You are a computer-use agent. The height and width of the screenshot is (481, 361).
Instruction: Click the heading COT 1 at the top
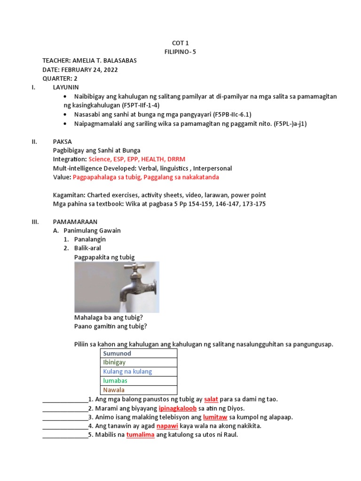pyautogui.click(x=180, y=43)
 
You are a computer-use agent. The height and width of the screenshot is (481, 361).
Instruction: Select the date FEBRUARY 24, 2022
pyautogui.click(x=90, y=70)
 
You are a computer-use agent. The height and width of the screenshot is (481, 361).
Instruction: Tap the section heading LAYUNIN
pyautogui.click(x=66, y=87)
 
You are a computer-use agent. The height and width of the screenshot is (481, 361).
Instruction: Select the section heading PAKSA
pyautogui.click(x=63, y=141)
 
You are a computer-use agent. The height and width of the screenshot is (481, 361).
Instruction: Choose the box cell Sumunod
pyautogui.click(x=117, y=353)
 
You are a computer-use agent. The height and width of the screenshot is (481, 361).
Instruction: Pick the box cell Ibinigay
pyautogui.click(x=114, y=362)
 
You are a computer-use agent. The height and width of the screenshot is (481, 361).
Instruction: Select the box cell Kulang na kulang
pyautogui.click(x=127, y=372)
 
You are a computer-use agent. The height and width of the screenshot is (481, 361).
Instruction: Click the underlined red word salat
pyautogui.click(x=211, y=399)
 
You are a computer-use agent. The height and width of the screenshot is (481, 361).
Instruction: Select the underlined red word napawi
pyautogui.click(x=167, y=426)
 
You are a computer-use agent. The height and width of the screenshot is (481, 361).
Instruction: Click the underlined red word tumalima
pyautogui.click(x=140, y=435)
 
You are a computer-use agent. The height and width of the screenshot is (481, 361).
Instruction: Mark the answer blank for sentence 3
pyautogui.click(x=65, y=418)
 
